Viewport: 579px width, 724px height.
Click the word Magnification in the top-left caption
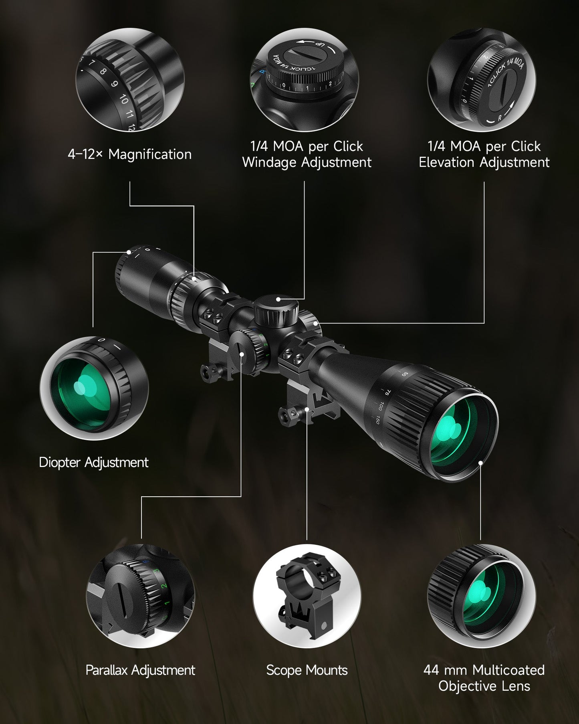click(x=150, y=155)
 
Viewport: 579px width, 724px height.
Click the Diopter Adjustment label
click(x=94, y=463)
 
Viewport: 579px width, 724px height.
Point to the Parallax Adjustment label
click(x=140, y=670)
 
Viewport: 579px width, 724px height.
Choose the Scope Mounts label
click(x=307, y=670)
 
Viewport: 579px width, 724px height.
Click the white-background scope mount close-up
click(x=307, y=597)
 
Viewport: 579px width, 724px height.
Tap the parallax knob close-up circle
click(x=140, y=597)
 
